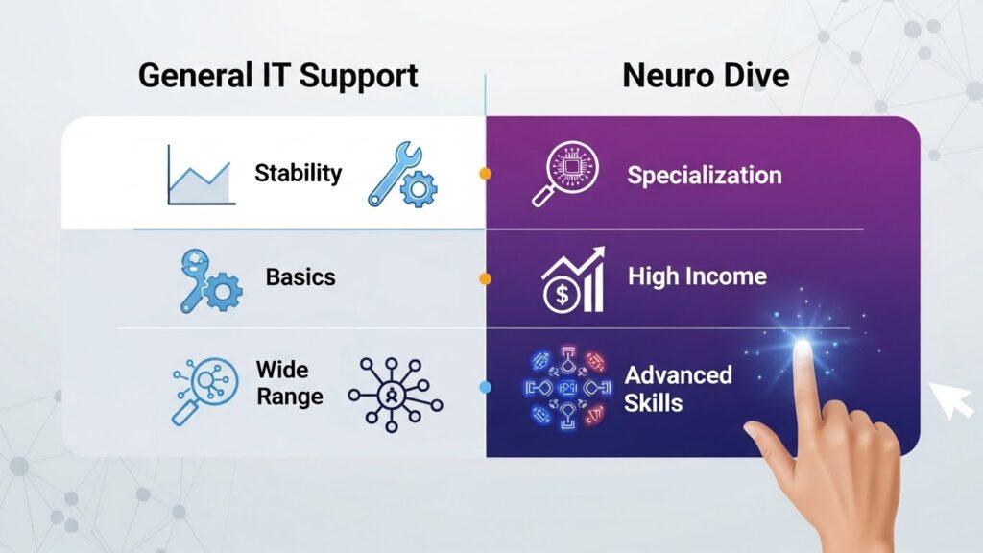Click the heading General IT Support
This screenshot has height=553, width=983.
[278, 75]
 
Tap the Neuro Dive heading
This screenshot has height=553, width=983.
[706, 75]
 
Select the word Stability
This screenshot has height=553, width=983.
[298, 174]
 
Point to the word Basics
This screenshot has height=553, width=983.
[300, 277]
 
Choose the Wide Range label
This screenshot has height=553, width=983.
[289, 382]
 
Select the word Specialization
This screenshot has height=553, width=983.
[704, 176]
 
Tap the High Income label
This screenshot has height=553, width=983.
[697, 277]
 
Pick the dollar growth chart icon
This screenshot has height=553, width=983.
[573, 279]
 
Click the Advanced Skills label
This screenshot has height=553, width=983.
[678, 388]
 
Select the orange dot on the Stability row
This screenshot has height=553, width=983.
[485, 174]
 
